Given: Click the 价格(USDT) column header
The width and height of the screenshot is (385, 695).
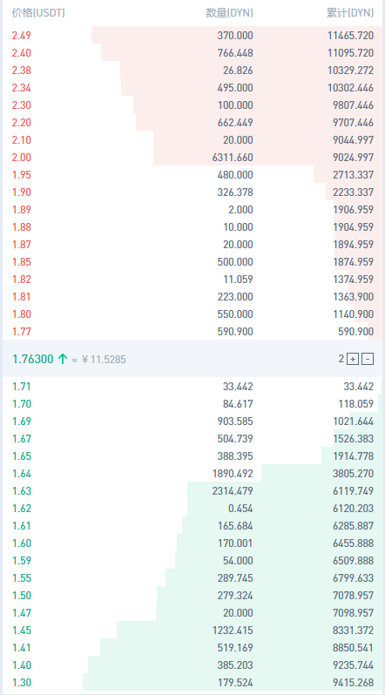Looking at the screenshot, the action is click(38, 13).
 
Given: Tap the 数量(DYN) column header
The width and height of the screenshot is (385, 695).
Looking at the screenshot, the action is click(229, 13).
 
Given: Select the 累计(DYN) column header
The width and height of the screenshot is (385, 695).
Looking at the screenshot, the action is click(350, 13).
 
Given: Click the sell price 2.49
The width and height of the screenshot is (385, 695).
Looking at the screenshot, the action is click(21, 36).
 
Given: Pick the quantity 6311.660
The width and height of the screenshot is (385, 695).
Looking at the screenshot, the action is click(235, 158).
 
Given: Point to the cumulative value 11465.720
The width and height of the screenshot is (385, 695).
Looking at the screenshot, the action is click(351, 36).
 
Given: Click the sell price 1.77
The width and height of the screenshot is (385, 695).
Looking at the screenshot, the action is click(21, 332).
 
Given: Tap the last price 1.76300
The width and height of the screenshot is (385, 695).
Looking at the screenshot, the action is click(33, 359).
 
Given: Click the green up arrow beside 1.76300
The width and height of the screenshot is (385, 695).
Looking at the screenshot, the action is click(62, 359).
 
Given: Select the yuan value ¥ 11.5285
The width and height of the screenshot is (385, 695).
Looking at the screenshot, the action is click(104, 359).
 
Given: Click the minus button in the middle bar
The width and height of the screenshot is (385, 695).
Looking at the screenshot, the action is click(368, 359).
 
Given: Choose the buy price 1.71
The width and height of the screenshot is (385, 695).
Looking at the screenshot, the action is click(21, 387).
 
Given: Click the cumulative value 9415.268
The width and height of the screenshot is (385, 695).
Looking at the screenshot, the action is click(354, 683).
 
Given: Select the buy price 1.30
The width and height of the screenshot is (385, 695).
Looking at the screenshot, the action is click(21, 683).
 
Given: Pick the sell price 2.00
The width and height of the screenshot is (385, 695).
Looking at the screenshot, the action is click(21, 158).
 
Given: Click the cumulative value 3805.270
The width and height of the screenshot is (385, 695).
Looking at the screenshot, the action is click(354, 474).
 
